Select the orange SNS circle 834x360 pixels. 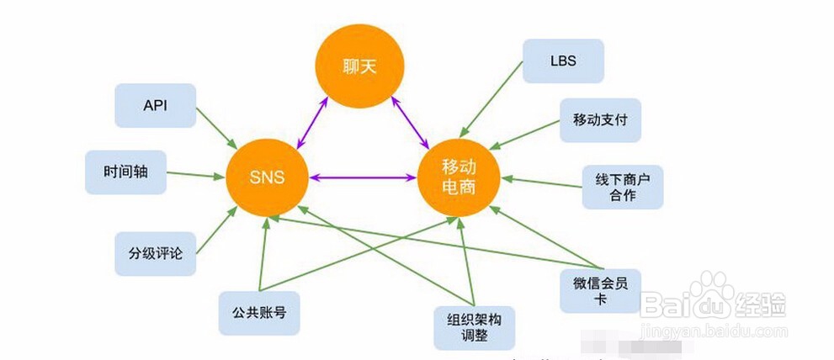(267, 177)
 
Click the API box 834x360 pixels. (155, 105)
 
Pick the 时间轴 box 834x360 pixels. (125, 172)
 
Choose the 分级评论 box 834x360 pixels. (155, 252)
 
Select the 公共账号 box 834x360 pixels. (259, 313)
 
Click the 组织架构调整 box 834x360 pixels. (474, 328)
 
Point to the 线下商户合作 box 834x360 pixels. (622, 188)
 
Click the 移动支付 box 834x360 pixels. (600, 120)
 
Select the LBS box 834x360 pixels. (562, 61)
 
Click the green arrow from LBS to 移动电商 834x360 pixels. (491, 105)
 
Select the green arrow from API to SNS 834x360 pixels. (215, 129)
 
